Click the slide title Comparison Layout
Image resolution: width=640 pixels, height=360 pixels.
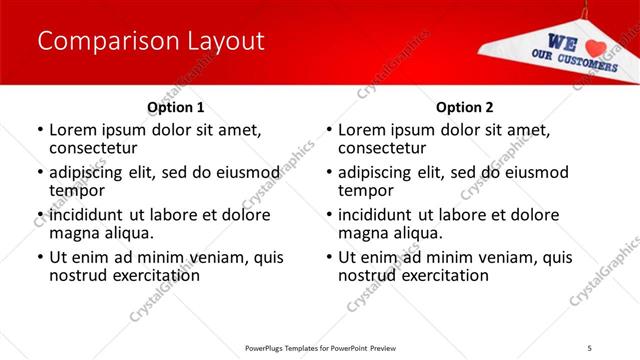[x=150, y=42]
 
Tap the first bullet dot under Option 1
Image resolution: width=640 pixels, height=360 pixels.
[x=39, y=130]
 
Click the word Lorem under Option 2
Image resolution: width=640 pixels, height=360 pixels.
[x=364, y=130]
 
